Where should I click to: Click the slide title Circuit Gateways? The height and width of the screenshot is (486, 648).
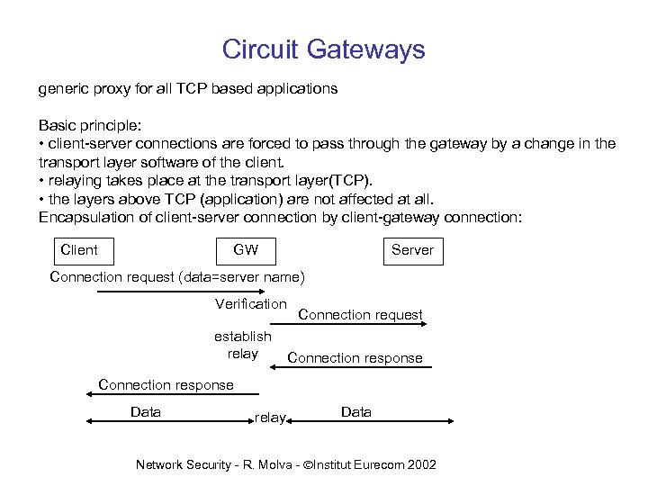tap(323, 49)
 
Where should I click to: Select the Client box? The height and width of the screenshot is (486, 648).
tap(78, 249)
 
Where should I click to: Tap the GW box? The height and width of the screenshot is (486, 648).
tap(246, 249)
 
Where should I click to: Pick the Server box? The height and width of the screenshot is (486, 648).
tap(412, 250)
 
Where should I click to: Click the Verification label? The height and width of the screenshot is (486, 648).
tap(251, 304)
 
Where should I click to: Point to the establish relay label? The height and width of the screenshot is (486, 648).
tap(243, 345)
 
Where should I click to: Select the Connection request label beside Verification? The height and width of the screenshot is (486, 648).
tap(360, 315)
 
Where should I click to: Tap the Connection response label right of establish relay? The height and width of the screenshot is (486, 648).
tap(355, 358)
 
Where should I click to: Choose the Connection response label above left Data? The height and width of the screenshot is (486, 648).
tap(166, 385)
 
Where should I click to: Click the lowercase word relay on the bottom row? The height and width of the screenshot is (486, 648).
tap(270, 418)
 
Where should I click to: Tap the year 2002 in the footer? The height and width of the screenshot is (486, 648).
tap(421, 464)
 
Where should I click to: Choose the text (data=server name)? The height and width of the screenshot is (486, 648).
tap(242, 276)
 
